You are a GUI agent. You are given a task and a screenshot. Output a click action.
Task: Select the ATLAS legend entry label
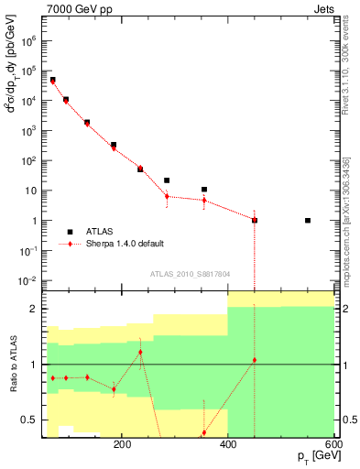pyautogui.click(x=102, y=232)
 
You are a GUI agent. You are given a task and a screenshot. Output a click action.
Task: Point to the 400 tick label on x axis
pyautogui.click(x=227, y=444)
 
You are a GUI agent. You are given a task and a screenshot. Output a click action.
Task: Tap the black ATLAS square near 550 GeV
pyautogui.click(x=308, y=221)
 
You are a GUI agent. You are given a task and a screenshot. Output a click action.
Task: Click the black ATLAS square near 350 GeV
pyautogui.click(x=204, y=190)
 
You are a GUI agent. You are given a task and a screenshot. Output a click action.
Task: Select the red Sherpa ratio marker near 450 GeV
pyautogui.click(x=255, y=360)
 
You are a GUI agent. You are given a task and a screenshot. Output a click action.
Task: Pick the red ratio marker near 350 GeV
pyautogui.click(x=204, y=432)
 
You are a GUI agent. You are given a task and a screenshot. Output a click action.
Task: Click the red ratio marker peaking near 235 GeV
pyautogui.click(x=140, y=353)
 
